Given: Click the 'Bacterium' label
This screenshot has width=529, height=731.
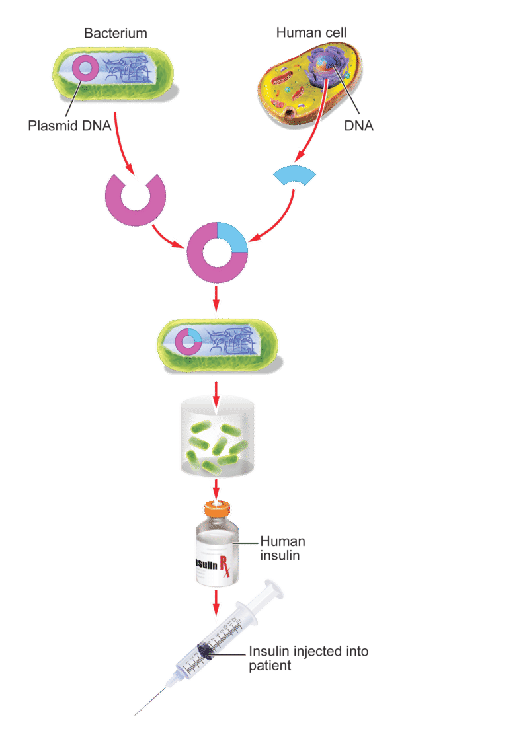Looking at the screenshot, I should point(116,33).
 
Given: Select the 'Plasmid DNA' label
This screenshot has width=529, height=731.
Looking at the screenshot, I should point(69,125).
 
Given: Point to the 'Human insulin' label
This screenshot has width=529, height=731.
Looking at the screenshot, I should point(282,548).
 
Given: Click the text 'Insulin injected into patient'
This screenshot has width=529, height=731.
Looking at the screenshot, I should point(308,658).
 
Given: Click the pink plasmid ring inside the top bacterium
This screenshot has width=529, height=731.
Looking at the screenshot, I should point(85,67).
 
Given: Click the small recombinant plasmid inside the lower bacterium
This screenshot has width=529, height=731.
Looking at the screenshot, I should point(190,340).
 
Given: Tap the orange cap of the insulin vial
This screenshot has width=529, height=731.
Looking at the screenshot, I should point(216,510).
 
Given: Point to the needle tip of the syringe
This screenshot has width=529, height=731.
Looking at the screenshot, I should point(137,714).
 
